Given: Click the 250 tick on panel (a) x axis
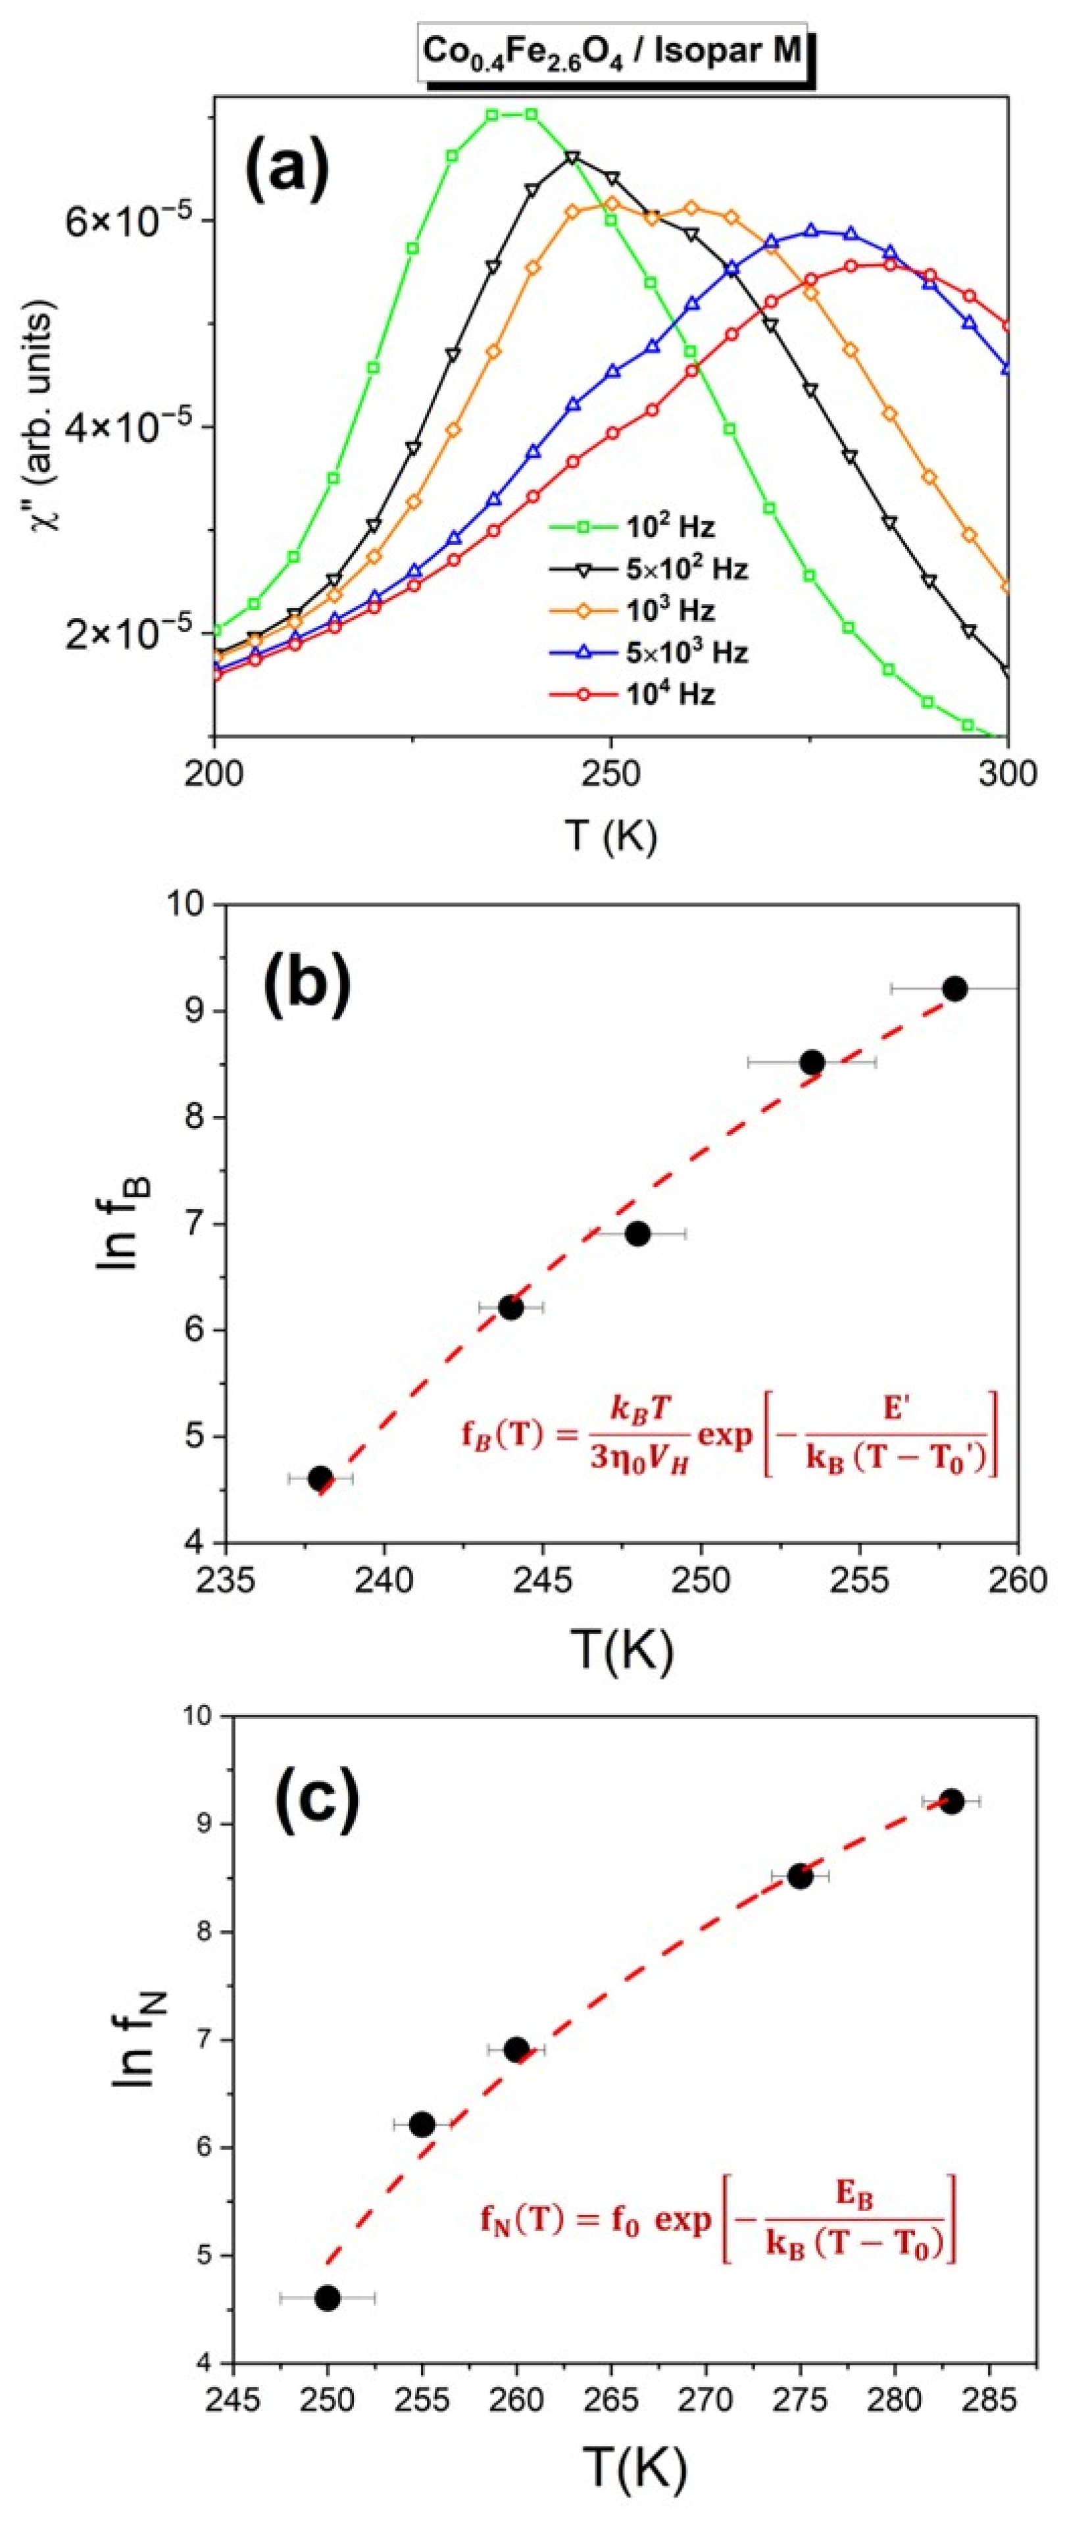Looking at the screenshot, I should click(610, 774).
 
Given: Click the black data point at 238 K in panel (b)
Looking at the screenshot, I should click(320, 1478).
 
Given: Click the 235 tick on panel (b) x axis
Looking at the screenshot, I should click(226, 1579).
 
